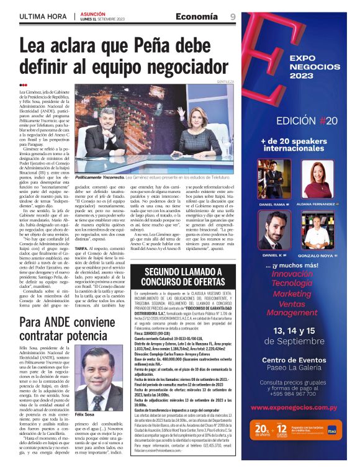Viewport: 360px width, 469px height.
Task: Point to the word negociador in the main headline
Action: [x=164, y=65]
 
